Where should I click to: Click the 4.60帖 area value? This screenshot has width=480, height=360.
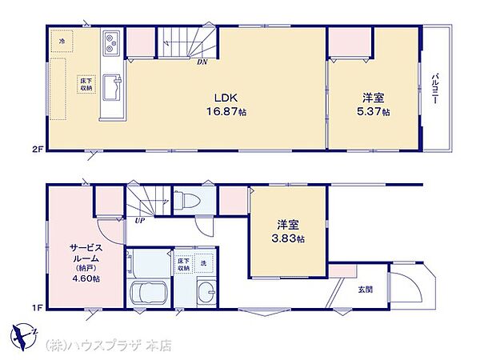pos(85,278)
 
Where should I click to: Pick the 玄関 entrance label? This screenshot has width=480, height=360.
pos(364,289)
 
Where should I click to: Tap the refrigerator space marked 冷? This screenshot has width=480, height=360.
pos(62,38)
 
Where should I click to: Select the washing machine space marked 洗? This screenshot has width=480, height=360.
pos(204,262)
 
